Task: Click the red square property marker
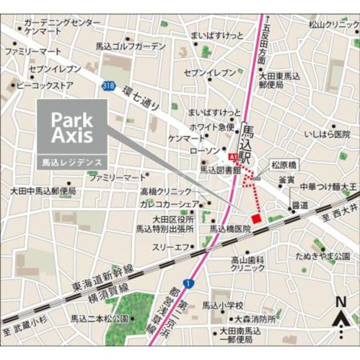pos(256,218)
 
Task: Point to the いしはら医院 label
pos(326,134)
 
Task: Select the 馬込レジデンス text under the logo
pos(71,162)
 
